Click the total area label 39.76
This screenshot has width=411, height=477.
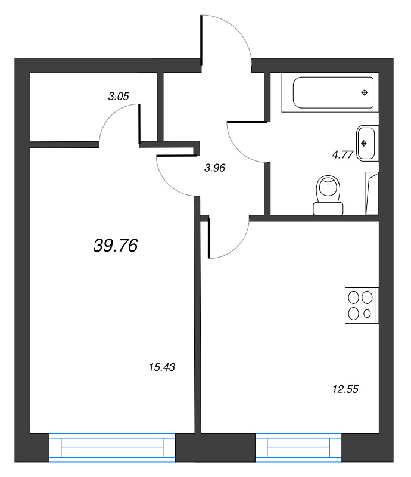(x=116, y=245)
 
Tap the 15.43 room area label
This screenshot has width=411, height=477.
(x=162, y=367)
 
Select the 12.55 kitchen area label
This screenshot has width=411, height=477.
(x=345, y=389)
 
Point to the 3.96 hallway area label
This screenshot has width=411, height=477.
(x=214, y=168)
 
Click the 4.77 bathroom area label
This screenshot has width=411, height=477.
(x=342, y=155)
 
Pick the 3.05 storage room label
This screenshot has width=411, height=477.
(x=119, y=97)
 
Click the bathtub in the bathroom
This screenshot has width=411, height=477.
(x=333, y=92)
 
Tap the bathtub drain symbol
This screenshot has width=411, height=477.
(x=365, y=92)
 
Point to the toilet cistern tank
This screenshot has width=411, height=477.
(x=328, y=209)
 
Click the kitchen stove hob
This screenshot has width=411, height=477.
(x=362, y=305)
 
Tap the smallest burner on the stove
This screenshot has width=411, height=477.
(x=368, y=314)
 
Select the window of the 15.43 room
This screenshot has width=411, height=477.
(x=112, y=448)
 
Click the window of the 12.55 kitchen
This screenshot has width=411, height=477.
(x=298, y=448)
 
